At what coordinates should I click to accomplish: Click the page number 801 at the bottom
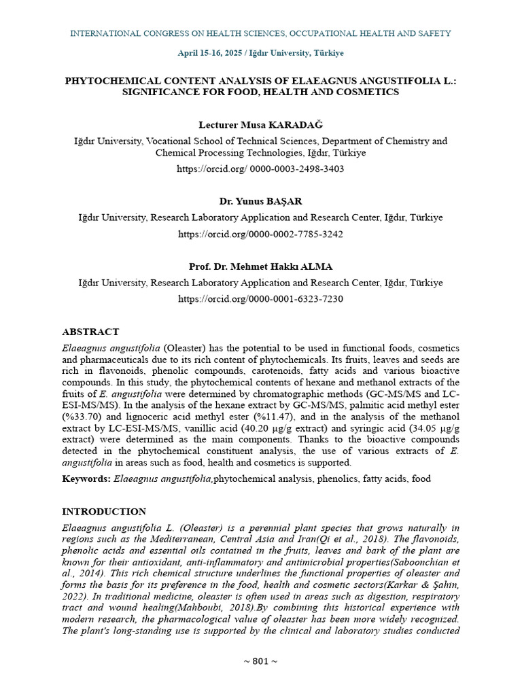point(260,661)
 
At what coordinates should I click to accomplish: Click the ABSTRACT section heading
point(90,332)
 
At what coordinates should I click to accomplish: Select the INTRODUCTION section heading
point(104,512)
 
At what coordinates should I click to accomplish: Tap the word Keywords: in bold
point(86,479)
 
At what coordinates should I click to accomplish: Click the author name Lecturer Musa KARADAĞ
point(260,125)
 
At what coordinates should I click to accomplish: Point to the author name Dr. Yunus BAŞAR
point(260,202)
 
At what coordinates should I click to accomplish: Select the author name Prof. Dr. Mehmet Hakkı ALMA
point(260,266)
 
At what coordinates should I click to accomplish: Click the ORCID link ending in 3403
point(260,169)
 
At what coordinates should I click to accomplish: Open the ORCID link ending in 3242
point(260,234)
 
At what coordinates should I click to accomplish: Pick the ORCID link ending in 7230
point(260,299)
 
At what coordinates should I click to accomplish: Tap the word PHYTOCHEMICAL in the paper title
point(105,80)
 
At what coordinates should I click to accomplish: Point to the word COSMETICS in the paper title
point(370,92)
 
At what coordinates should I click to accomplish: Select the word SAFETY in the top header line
point(435,33)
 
